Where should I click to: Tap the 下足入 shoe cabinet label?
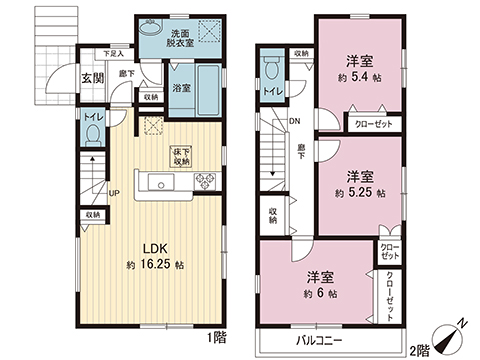coord(115,53)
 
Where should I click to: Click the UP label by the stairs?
coord(114,193)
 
